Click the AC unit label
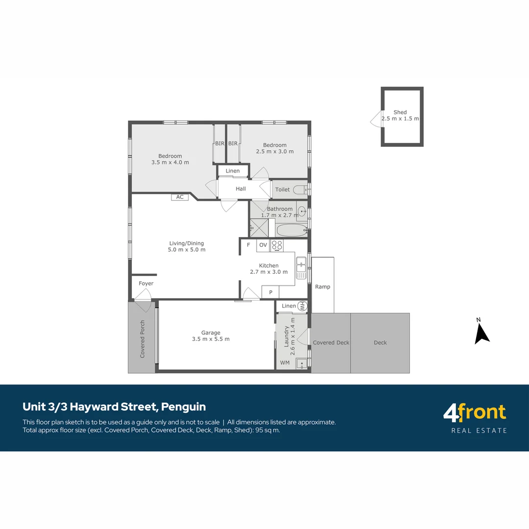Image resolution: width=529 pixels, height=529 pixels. coord(180,197)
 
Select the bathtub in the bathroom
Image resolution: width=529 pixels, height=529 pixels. coord(291,230)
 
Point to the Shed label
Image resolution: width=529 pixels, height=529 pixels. coord(400,112)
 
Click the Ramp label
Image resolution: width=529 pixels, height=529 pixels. coord(322,287)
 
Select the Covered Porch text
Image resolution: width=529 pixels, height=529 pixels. coord(143,339)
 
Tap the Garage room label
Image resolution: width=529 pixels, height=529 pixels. coord(211,333)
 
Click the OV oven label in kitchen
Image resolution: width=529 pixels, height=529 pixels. coord(263,245)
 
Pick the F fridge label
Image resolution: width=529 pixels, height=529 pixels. coord(248,245)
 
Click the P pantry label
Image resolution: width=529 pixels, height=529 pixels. coord(270,292)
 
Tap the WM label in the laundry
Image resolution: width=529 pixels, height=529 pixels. coord(285,363)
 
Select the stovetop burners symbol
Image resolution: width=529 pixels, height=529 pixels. coord(277,245)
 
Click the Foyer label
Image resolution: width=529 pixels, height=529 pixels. coord(146,284)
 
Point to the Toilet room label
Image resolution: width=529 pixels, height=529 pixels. coord(283,190)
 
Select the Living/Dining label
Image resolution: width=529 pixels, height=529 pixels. coord(187,243)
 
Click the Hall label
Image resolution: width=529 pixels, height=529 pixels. coord(240,189)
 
